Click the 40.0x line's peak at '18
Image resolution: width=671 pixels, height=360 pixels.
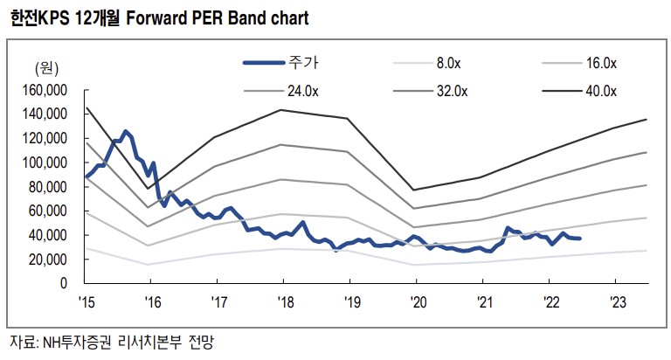coord(281,109)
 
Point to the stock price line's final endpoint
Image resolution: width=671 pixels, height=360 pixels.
coord(580,239)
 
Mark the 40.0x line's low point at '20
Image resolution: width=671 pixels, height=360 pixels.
coord(414,190)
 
